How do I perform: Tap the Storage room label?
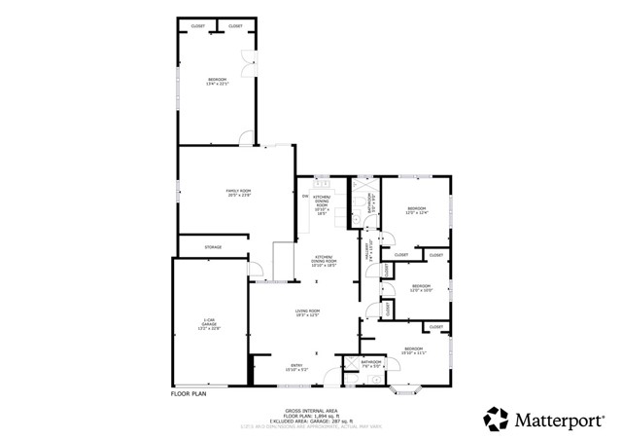[213, 247]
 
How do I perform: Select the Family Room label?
[239, 193]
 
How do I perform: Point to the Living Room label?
[308, 312]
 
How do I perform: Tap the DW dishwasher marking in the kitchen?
[305, 197]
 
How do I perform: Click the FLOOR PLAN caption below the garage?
[189, 393]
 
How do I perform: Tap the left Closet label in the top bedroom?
[198, 25]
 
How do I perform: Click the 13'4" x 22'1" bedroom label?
[217, 81]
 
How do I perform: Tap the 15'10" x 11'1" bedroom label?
[414, 350]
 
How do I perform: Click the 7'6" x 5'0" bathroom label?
[371, 365]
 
